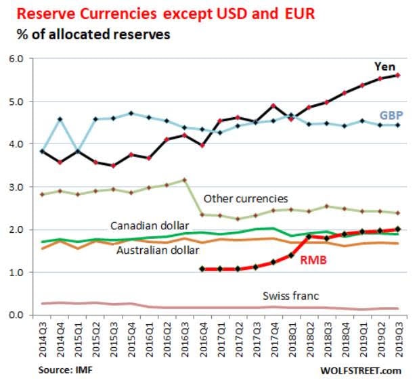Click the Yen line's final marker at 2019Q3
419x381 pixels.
pyautogui.click(x=397, y=75)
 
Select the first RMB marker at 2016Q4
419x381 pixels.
pyautogui.click(x=202, y=269)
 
